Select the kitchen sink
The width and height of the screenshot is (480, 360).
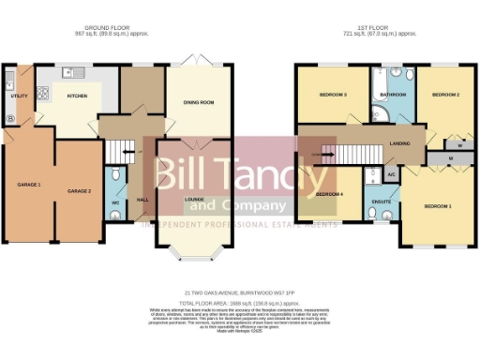pos(70,72)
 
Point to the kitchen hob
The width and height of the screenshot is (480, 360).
pos(42,93)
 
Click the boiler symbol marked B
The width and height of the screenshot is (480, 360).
pos(10,119)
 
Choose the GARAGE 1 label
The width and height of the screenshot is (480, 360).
pos(28,185)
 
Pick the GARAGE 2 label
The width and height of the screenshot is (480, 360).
pos(78,191)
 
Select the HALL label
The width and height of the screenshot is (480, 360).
pos(142,200)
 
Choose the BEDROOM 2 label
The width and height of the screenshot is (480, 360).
pos(444,94)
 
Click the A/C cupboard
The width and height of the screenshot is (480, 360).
pos(392,175)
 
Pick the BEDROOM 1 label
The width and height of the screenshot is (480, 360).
pos(437,204)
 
